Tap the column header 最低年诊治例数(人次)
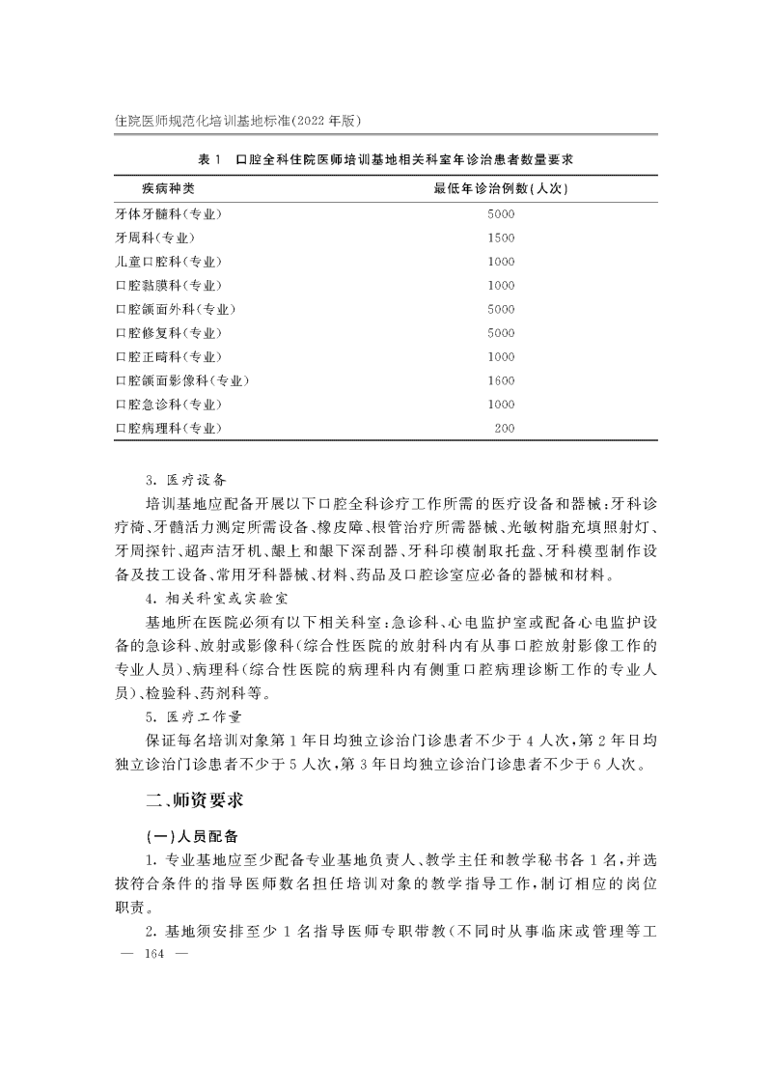[x=501, y=188]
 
